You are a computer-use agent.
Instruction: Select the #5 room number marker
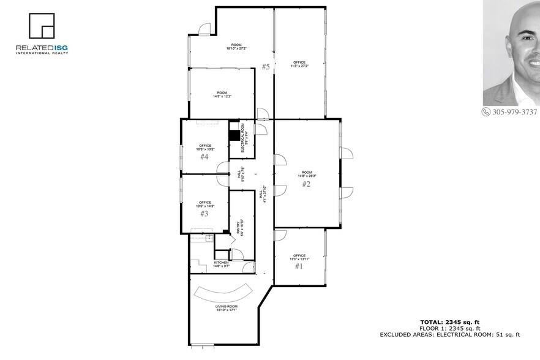coord(266,67)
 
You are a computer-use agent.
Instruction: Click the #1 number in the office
coord(299,266)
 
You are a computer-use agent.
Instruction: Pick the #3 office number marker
coord(204,214)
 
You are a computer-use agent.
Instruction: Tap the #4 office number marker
coord(204,157)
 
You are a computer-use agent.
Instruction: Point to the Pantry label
coord(239,229)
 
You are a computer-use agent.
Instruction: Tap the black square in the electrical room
coord(234,136)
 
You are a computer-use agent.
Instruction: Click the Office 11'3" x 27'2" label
coord(299,64)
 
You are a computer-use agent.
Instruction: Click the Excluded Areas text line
coord(449,335)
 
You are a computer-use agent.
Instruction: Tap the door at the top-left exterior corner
coord(204,28)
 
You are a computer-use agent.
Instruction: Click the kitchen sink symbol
coord(209,238)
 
